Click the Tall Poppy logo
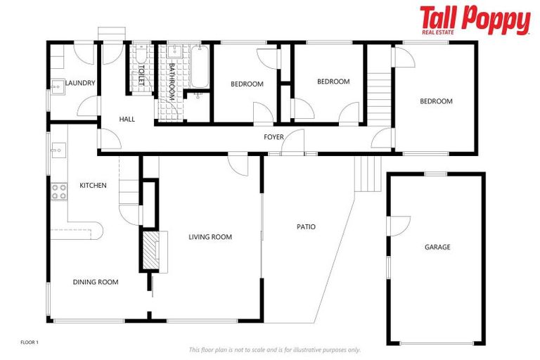pyautogui.click(x=475, y=20)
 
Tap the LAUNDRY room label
pyautogui.click(x=80, y=84)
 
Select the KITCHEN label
pyautogui.click(x=93, y=186)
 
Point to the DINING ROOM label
pyautogui.click(x=96, y=282)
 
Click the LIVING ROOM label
pyautogui.click(x=210, y=237)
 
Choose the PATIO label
pyautogui.click(x=306, y=227)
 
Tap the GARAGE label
pyautogui.click(x=437, y=247)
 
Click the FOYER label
pyautogui.click(x=274, y=136)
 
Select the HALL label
pyautogui.click(x=127, y=120)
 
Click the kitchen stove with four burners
pyautogui.click(x=58, y=191)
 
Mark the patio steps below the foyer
pyautogui.click(x=366, y=173)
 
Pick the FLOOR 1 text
pyautogui.click(x=29, y=342)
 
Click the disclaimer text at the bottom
pyautogui.click(x=274, y=349)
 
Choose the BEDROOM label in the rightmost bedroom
pyautogui.click(x=436, y=101)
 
